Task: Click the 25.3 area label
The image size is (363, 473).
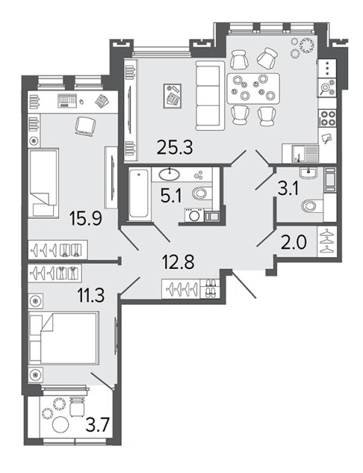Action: [x=174, y=147]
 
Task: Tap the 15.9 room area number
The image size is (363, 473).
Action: [x=86, y=218]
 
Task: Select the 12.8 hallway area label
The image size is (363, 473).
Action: [x=178, y=262]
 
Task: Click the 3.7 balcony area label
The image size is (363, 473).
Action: [x=97, y=426]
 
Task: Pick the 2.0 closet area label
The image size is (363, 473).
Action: [x=294, y=242]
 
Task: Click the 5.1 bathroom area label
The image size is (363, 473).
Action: [x=171, y=197]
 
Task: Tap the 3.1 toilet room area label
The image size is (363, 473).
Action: [x=288, y=189]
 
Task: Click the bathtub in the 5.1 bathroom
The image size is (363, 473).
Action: [x=138, y=193]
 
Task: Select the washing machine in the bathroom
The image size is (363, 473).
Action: [x=194, y=215]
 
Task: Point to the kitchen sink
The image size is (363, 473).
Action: [x=300, y=154]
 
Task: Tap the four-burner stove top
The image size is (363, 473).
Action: [x=328, y=118]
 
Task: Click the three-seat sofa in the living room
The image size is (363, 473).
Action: [x=210, y=95]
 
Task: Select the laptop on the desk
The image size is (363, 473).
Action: [x=67, y=101]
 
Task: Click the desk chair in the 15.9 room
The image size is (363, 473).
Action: [x=86, y=126]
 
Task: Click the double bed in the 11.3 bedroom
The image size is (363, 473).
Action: [x=64, y=338]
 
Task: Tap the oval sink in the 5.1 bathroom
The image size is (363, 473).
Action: [x=169, y=174]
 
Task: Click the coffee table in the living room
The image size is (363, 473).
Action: [x=172, y=95]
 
